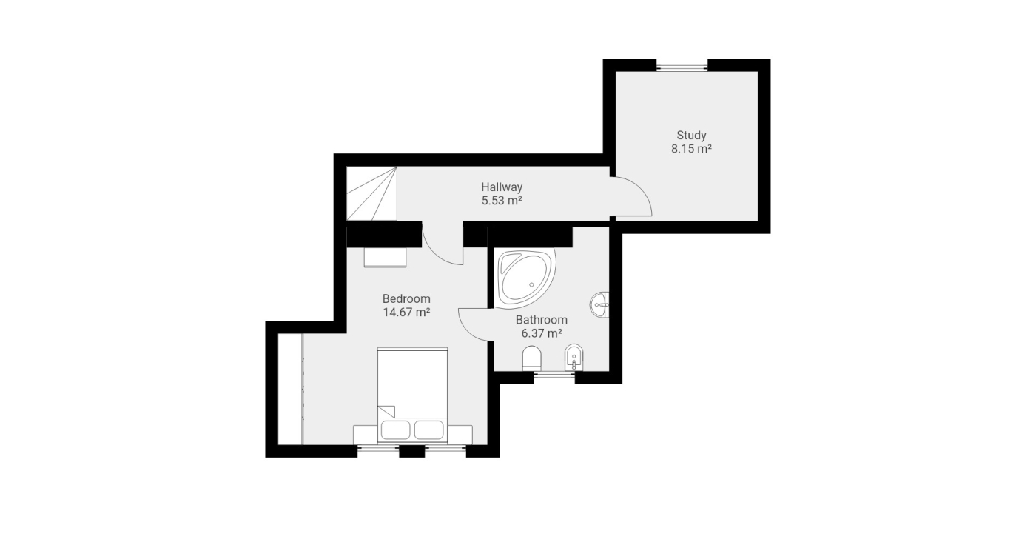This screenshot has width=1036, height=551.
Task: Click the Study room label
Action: pyautogui.click(x=691, y=136)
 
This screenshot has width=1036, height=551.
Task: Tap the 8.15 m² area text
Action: pyautogui.click(x=691, y=149)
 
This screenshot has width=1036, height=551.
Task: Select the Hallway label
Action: pyautogui.click(x=502, y=187)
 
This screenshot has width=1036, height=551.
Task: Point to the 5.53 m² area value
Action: pyautogui.click(x=502, y=201)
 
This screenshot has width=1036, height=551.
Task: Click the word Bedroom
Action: pyautogui.click(x=406, y=298)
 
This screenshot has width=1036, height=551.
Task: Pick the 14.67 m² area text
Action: pyautogui.click(x=406, y=312)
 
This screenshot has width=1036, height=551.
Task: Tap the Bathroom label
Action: pyautogui.click(x=541, y=320)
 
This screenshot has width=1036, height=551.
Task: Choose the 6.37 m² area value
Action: pyautogui.click(x=541, y=333)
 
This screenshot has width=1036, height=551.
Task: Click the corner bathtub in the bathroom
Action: pyautogui.click(x=525, y=278)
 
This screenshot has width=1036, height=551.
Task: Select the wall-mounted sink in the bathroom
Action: pyautogui.click(x=600, y=305)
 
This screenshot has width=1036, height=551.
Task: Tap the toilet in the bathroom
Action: pyautogui.click(x=532, y=358)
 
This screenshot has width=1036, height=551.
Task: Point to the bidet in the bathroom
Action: pyautogui.click(x=573, y=358)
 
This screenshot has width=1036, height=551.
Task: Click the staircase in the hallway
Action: pyautogui.click(x=371, y=193)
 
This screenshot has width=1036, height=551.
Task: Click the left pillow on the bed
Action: pyautogui.click(x=395, y=430)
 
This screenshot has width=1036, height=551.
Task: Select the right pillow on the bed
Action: pyautogui.click(x=428, y=430)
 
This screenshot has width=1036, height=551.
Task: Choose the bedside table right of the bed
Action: pyautogui.click(x=460, y=435)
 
